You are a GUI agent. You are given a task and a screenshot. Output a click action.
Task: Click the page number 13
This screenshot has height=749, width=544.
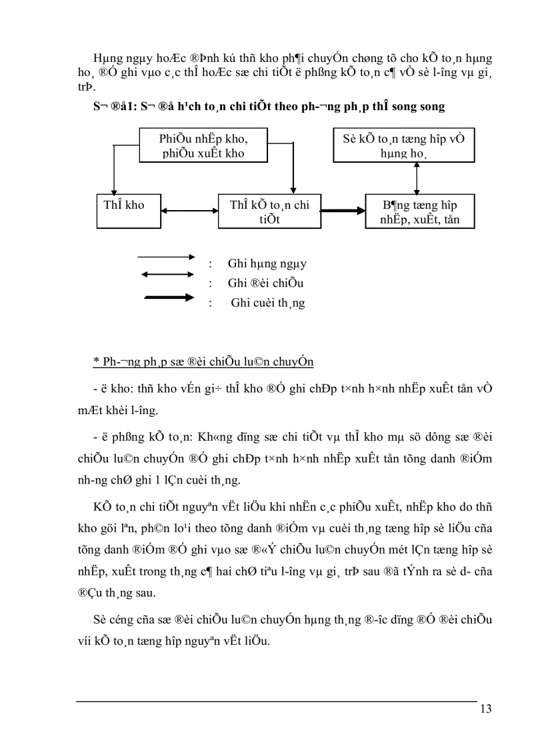[485, 709]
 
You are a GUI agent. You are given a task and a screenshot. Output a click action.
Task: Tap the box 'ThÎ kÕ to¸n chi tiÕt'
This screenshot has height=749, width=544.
[269, 211]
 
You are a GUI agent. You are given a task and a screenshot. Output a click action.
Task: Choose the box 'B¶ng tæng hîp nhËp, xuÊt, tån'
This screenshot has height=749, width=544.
[420, 211]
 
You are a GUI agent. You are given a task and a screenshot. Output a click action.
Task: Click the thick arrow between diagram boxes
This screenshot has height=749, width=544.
[343, 211]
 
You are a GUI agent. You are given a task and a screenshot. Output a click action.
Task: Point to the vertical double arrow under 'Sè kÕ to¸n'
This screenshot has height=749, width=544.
[417, 179]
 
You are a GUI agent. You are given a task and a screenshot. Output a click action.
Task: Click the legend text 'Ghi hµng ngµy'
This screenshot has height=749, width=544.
[267, 263]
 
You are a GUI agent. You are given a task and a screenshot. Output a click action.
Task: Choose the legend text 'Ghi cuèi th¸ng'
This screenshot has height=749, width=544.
[268, 303]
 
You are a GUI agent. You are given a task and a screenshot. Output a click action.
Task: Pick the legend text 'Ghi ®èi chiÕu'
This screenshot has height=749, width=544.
[265, 283]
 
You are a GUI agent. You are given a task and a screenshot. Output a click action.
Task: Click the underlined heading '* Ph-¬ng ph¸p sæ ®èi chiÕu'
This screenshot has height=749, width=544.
[203, 362]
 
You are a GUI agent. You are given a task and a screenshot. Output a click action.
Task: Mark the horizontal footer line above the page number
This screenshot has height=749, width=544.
[277, 701]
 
